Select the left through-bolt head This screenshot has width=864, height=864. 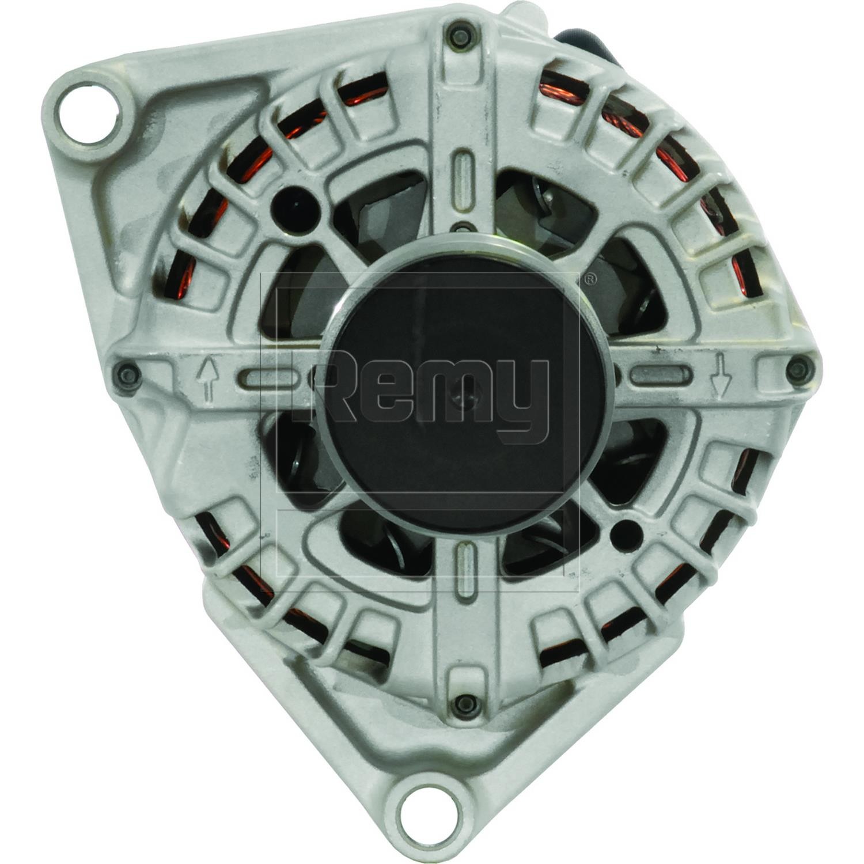127,373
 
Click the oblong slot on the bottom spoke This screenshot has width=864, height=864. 464,571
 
